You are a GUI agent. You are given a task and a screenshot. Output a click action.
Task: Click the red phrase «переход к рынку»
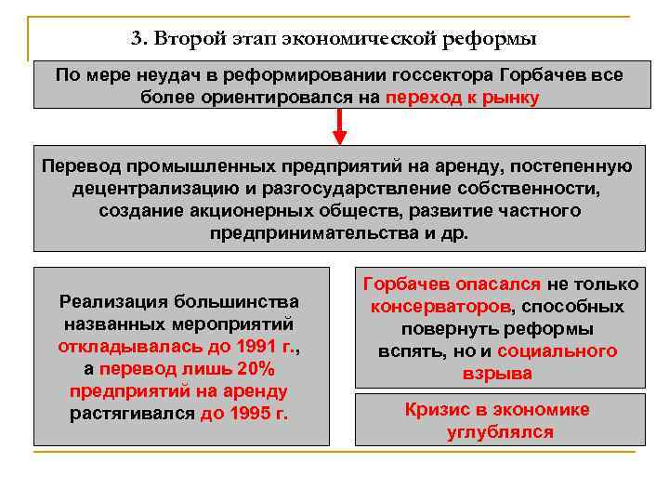[x=462, y=98]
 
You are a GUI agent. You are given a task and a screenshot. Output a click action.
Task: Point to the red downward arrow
[x=339, y=125]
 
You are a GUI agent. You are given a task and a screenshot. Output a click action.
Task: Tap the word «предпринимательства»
[x=313, y=232]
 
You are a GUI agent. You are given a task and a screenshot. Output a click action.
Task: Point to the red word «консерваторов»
[x=440, y=307]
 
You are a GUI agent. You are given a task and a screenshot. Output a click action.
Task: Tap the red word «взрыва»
[x=498, y=374]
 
